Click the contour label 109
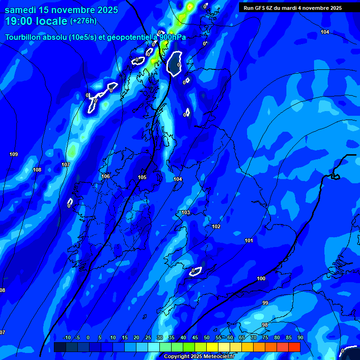[14, 154]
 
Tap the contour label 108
[37, 170]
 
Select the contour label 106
[105, 176]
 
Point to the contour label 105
[142, 177]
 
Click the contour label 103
[186, 212]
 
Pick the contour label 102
[216, 226]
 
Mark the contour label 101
[249, 240]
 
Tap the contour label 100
[261, 278]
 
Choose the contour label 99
[265, 303]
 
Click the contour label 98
[265, 324]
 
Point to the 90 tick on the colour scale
[300, 337]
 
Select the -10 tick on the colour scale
[67, 337]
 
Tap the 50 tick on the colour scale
[207, 337]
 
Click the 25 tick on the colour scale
[148, 337]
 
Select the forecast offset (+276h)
[83, 21]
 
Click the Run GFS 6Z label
[263, 8]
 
